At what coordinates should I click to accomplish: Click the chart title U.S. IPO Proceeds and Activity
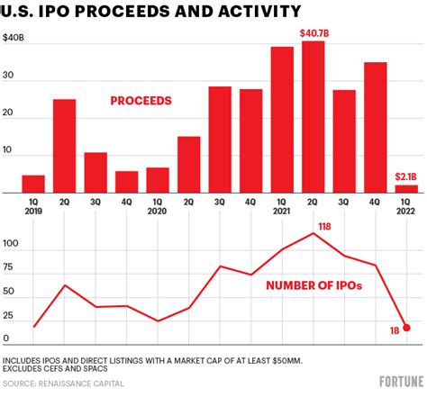pyautogui.click(x=151, y=13)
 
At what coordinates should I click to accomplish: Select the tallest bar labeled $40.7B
pyautogui.click(x=313, y=117)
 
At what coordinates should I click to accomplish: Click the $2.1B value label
pyautogui.click(x=405, y=176)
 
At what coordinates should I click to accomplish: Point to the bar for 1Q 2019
pyautogui.click(x=33, y=184)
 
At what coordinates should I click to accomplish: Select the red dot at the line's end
pyautogui.click(x=406, y=328)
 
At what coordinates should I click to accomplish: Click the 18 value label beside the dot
pyautogui.click(x=393, y=333)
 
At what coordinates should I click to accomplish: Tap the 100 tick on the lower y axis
pyautogui.click(x=12, y=245)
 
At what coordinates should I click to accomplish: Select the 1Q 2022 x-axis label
pyautogui.click(x=405, y=207)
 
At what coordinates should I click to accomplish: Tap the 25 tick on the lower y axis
pyautogui.click(x=10, y=316)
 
